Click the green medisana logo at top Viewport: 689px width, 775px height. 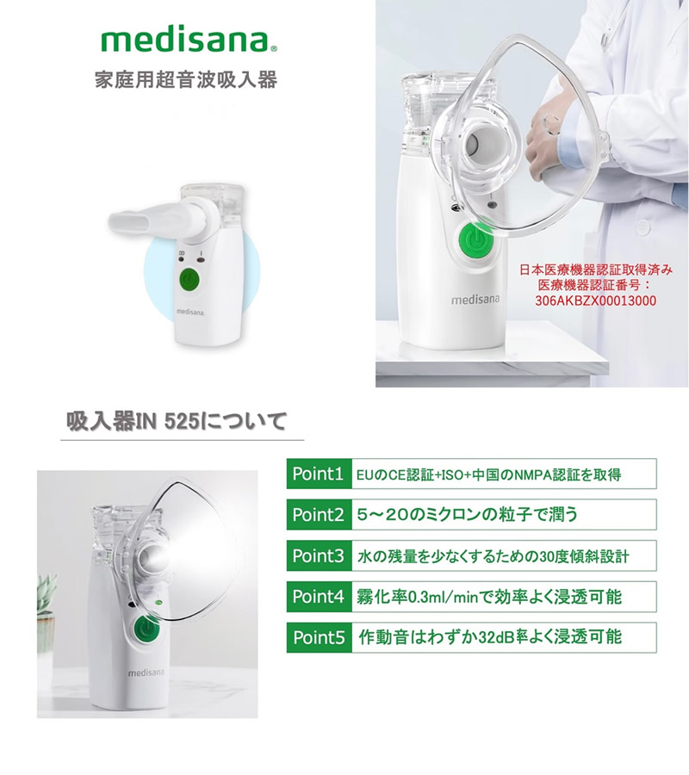click(189, 40)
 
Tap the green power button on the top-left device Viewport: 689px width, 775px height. click(190, 280)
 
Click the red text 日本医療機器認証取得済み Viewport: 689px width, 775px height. click(596, 270)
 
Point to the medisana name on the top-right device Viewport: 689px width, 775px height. click(475, 300)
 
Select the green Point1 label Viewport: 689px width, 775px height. click(318, 474)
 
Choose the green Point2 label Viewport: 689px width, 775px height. click(318, 515)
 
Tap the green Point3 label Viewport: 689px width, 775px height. click(318, 555)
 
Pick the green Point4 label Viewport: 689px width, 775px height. click(318, 596)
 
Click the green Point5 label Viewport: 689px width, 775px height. click(318, 637)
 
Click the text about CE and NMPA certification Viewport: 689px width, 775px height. click(488, 474)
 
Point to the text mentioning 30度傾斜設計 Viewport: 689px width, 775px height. click(493, 555)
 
